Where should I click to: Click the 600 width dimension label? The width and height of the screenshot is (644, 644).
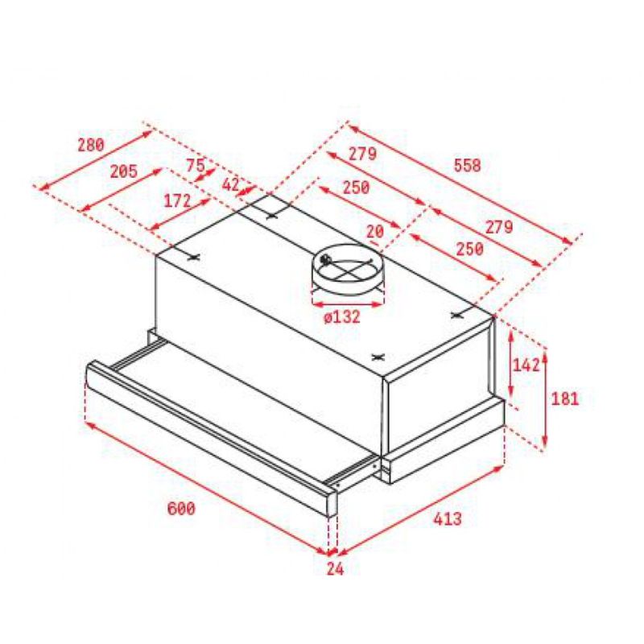[181, 509]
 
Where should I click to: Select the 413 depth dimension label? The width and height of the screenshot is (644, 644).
[448, 518]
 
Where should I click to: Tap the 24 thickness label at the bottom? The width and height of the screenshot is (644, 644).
[335, 569]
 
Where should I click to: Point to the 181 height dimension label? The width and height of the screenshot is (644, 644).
[565, 398]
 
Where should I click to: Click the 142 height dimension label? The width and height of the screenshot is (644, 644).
[526, 365]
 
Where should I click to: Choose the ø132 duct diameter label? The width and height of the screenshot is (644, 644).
[341, 317]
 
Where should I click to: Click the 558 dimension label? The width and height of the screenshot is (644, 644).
[467, 166]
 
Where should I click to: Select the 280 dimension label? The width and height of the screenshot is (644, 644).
[91, 145]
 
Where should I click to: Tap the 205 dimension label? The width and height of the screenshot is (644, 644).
[124, 171]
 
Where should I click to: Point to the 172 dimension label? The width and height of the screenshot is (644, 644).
[177, 200]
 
